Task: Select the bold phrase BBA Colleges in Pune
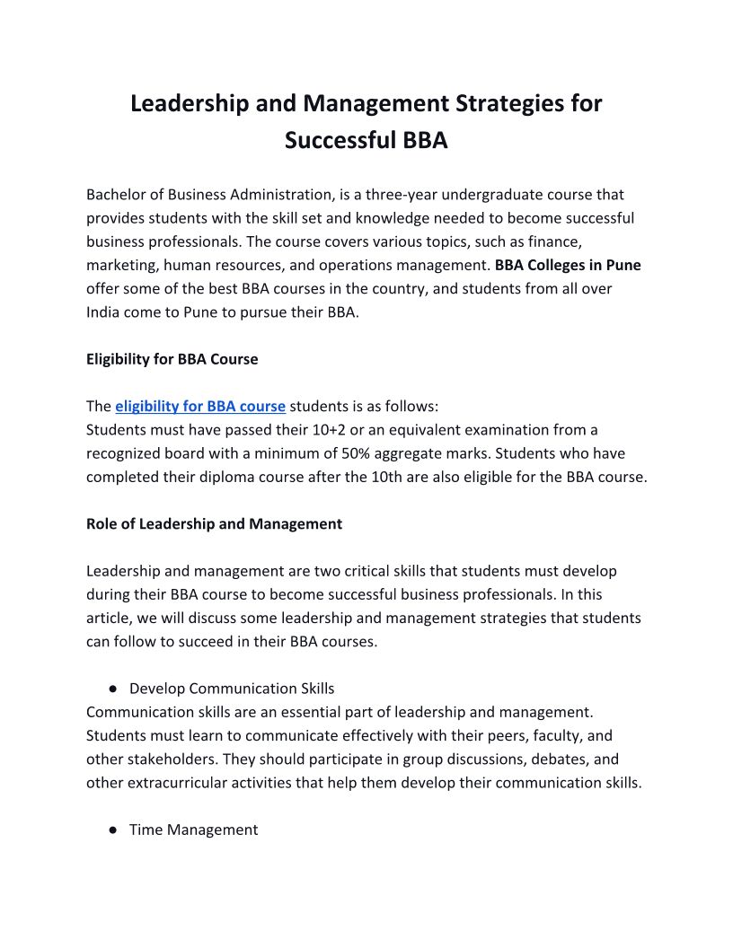[568, 265]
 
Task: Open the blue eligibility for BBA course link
[200, 406]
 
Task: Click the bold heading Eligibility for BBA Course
[172, 359]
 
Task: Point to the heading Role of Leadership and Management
[214, 523]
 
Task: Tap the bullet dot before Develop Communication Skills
[114, 689]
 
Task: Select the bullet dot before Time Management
[114, 830]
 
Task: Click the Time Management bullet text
[193, 830]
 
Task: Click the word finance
[557, 241]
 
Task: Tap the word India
[105, 312]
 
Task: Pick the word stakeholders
[164, 735]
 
